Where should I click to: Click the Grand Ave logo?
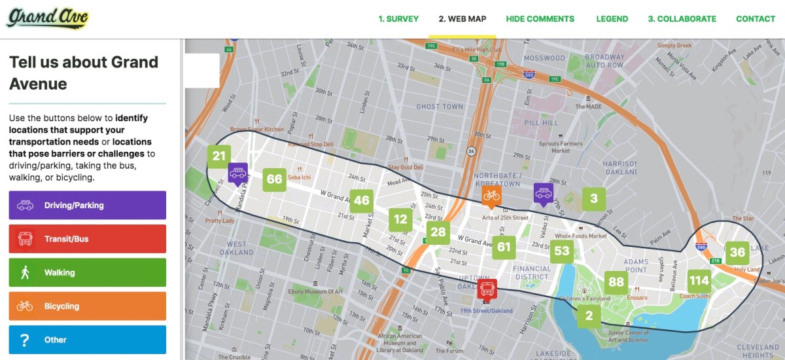tap(47, 18)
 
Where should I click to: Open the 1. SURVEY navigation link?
tap(398, 19)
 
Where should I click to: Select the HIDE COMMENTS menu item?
tap(540, 19)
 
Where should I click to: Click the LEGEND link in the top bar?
tap(612, 19)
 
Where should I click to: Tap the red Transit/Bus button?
tap(88, 239)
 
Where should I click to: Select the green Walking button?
tap(88, 272)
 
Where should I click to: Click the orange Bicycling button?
tap(88, 306)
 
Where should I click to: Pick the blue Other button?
tap(88, 339)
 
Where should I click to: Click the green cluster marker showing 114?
tap(699, 281)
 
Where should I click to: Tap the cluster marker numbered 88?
tap(616, 282)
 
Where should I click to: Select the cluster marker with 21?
tap(218, 156)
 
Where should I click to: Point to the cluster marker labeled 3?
tap(593, 199)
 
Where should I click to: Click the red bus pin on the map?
tap(486, 289)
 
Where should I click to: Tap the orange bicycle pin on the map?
tap(491, 195)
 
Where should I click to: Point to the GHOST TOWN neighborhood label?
tap(440, 107)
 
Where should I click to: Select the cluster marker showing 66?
tap(274, 179)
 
